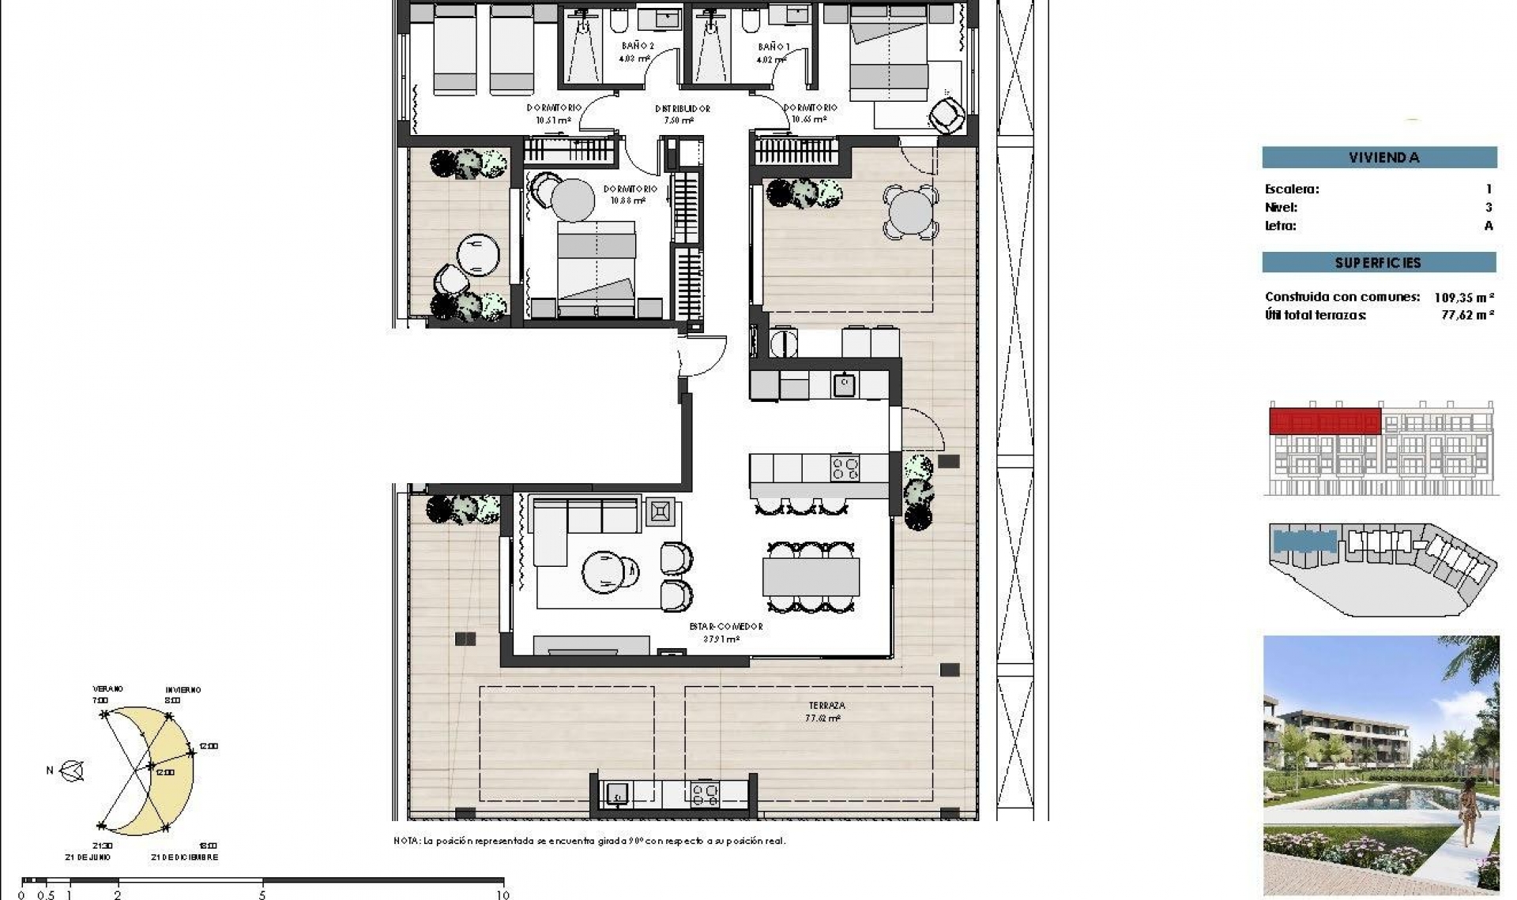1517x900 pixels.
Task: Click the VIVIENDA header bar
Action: coord(1379,157)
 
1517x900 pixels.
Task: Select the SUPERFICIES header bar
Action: coord(1378,263)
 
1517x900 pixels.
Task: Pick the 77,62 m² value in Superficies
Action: coord(1467,315)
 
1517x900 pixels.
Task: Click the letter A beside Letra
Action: coord(1489,226)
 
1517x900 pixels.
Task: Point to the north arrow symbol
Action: coord(72,771)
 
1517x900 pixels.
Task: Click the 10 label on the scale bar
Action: coord(503,894)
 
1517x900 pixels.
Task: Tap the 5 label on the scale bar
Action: coord(262,894)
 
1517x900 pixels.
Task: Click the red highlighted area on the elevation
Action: coord(1324,421)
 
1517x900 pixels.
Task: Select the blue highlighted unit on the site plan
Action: coord(1304,542)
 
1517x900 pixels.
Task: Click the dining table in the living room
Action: coord(811,576)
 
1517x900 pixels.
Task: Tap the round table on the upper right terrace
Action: coord(910,212)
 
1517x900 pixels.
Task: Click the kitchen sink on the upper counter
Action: coord(845,384)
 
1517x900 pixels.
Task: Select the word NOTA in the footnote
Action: coord(407,842)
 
